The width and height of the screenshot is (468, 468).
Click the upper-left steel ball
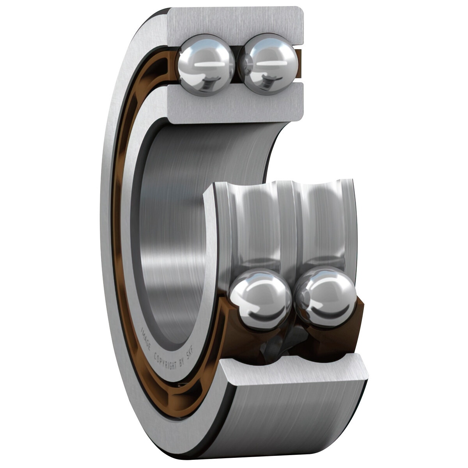coord(206,65)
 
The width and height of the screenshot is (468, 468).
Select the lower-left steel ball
coord(260,299)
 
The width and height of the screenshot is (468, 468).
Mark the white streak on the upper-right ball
coord(271,63)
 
